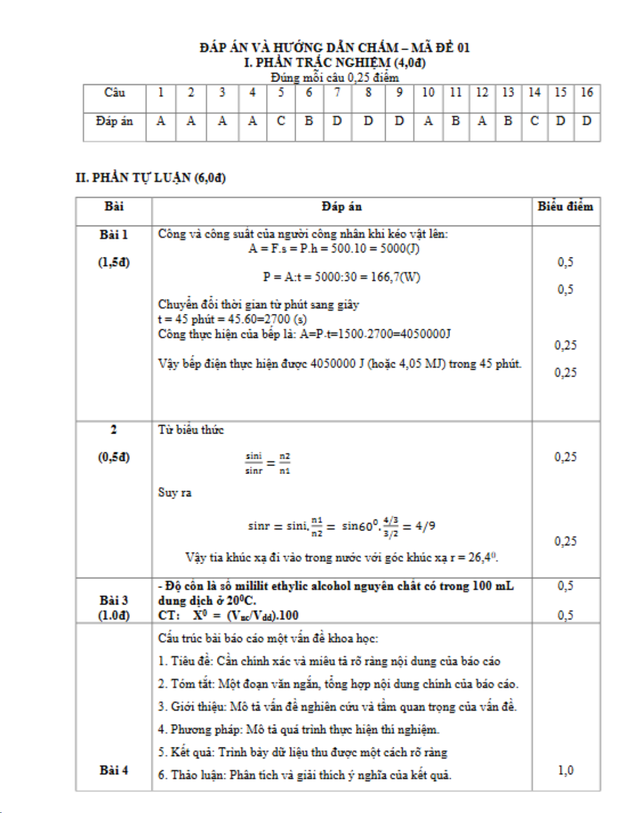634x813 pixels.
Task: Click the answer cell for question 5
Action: (281, 121)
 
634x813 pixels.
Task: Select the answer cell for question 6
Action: (308, 121)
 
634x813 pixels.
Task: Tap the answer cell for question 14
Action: (535, 121)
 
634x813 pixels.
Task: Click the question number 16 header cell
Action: (587, 93)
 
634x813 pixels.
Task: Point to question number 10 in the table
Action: (428, 93)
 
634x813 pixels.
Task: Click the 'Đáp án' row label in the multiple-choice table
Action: (114, 121)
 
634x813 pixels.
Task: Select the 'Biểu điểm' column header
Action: (565, 206)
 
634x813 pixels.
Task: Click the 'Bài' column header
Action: (114, 206)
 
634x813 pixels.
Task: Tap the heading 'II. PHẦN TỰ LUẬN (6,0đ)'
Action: (151, 178)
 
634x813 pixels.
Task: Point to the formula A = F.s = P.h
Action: (334, 248)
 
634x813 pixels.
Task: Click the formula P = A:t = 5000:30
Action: (341, 277)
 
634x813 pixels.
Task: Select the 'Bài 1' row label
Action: (114, 235)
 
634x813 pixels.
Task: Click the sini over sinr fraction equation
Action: (268, 463)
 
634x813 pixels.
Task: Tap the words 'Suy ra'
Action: (174, 493)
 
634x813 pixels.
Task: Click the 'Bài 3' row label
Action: (114, 600)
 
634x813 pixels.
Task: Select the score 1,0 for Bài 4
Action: (565, 770)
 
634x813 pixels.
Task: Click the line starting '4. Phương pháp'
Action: (298, 729)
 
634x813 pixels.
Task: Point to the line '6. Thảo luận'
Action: (304, 775)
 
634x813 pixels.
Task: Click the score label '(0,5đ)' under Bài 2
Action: (114, 457)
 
